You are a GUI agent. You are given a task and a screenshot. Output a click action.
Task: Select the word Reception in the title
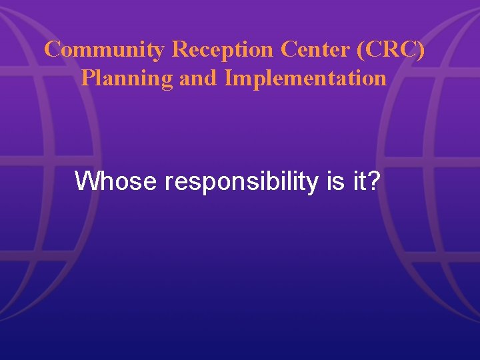[223, 49]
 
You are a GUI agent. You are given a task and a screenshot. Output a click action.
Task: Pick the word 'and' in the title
[198, 78]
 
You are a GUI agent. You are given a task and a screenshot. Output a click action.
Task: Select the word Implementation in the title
[306, 78]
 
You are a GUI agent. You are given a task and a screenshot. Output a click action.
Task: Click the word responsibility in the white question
[246, 181]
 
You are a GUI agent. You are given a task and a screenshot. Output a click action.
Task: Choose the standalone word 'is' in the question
[335, 181]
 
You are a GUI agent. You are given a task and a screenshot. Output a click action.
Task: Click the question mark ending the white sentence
[372, 181]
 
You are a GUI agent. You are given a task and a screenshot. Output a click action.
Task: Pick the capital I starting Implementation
[229, 78]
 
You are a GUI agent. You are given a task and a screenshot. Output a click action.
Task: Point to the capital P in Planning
[87, 78]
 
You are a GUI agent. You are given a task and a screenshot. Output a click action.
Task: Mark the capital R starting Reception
[179, 49]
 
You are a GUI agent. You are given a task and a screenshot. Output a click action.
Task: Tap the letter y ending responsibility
[313, 183]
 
